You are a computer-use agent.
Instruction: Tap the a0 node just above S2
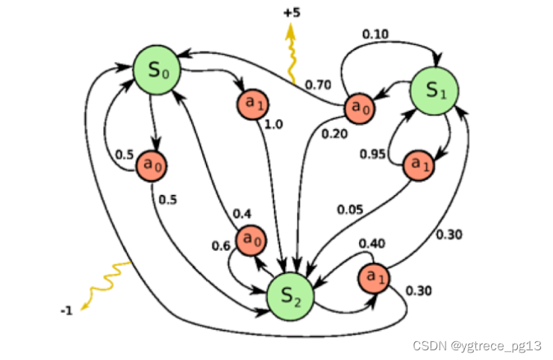(251, 240)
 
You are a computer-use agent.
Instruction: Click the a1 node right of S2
(375, 279)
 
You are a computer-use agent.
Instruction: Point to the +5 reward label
(292, 13)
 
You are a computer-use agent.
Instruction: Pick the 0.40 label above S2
(371, 243)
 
